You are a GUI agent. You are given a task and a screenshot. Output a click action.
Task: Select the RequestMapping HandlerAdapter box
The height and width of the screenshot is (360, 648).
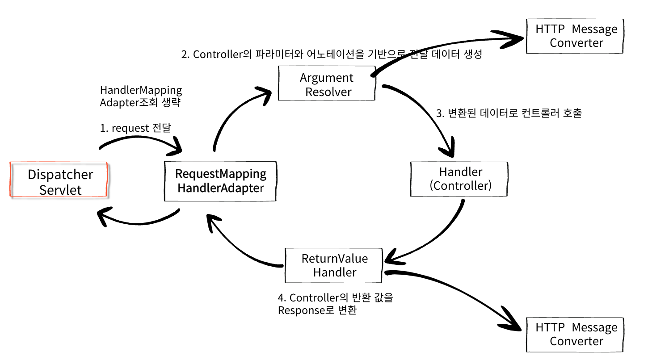click(x=221, y=180)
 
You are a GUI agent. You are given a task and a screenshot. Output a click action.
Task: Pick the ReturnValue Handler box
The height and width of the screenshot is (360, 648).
click(x=334, y=265)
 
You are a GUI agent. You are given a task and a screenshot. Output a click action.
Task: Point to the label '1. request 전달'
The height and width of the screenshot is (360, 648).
click(x=135, y=128)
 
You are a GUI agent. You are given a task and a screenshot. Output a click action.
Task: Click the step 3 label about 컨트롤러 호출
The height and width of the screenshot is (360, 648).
click(x=509, y=113)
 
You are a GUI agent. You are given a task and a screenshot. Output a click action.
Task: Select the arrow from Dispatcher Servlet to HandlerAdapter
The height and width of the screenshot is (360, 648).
click(x=143, y=142)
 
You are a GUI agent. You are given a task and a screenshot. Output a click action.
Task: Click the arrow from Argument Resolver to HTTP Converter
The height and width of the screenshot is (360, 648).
click(x=447, y=47)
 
